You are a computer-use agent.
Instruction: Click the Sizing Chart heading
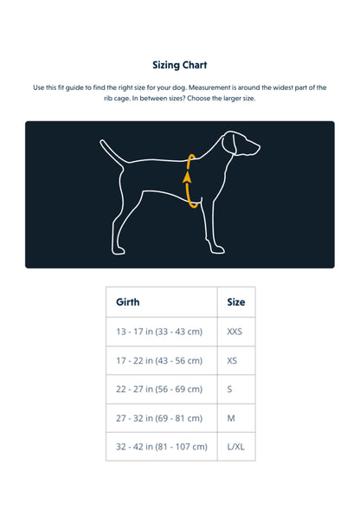click(179, 65)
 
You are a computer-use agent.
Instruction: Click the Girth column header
click(128, 302)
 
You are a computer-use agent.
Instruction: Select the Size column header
click(235, 302)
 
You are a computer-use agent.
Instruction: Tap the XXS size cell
click(235, 332)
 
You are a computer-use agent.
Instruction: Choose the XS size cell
click(232, 360)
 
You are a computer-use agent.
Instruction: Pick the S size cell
click(229, 389)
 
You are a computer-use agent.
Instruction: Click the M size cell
click(230, 417)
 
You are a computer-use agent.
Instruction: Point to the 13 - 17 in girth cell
click(159, 332)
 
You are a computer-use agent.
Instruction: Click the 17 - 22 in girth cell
click(159, 360)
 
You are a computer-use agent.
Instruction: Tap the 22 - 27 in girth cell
click(159, 389)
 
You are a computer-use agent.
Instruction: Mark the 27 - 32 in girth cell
click(159, 417)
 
